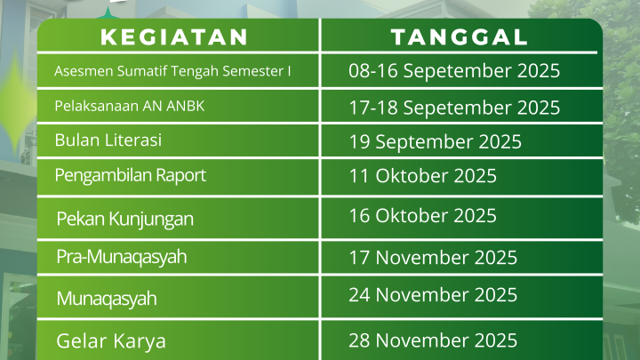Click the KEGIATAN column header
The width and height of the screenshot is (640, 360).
tap(174, 37)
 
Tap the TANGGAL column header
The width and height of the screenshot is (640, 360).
tap(460, 37)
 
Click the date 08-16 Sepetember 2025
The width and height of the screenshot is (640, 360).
tap(454, 71)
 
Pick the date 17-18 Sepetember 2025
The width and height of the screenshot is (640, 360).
tap(454, 108)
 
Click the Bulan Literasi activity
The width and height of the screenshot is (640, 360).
tap(108, 140)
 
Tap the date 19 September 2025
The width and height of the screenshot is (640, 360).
tap(435, 142)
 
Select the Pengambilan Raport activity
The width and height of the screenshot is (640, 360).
tap(130, 175)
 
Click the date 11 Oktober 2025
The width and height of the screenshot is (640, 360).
tap(422, 176)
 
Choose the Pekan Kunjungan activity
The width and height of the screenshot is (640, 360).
tap(125, 219)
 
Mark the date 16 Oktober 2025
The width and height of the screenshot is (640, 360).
tap(422, 215)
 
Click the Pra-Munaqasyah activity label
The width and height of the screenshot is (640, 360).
tap(122, 257)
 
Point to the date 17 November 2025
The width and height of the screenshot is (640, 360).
tap(433, 258)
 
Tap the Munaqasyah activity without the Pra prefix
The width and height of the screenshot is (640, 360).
tap(107, 299)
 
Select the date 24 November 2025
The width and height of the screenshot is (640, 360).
tap(433, 295)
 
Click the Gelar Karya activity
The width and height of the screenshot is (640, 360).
tap(111, 341)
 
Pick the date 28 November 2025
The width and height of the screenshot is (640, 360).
tap(433, 340)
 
